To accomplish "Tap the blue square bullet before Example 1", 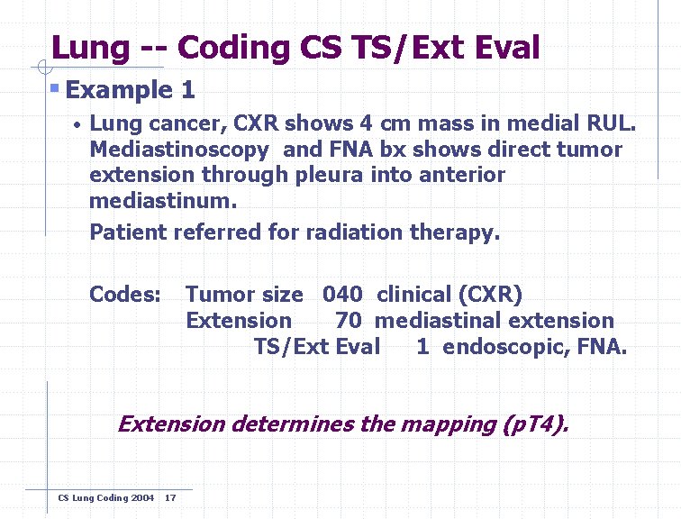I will [55, 88].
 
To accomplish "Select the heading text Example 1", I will [131, 90].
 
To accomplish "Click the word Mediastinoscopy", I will [178, 150].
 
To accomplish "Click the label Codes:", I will [125, 295].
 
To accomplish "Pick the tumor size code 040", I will [342, 295].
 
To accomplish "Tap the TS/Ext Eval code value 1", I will [422, 347].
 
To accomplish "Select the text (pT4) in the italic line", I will [536, 423].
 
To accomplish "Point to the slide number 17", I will [171, 498].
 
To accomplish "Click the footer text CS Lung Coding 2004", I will [105, 498].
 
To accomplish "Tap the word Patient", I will [128, 232].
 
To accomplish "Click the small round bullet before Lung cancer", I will [78, 124].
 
